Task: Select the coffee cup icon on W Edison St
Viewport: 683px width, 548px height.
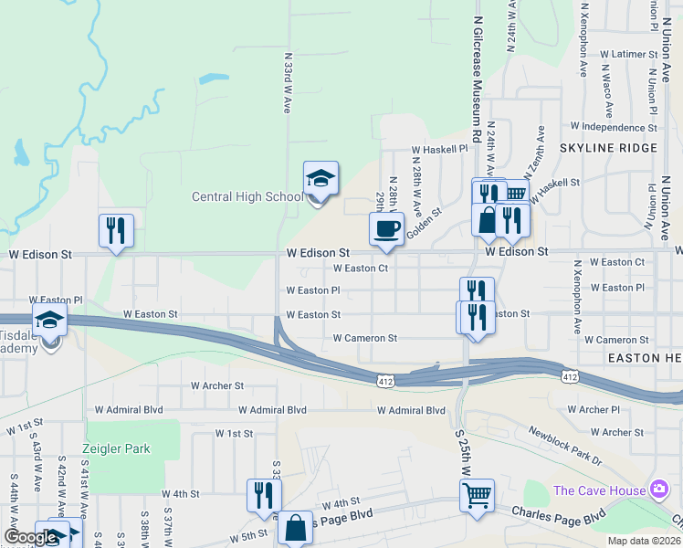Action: pos(386,228)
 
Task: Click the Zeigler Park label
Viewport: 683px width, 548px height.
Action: pos(115,448)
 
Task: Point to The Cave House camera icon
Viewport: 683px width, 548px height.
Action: pos(657,490)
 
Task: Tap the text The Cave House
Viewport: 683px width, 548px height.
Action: pos(597,491)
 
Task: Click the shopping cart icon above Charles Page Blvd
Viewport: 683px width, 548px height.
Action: pos(477,496)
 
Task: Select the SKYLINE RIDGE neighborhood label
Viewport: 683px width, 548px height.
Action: pos(608,148)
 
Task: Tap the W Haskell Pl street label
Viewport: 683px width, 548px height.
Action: pos(439,148)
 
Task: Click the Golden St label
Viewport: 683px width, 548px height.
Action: pos(424,223)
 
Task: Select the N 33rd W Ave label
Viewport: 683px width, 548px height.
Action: pos(287,87)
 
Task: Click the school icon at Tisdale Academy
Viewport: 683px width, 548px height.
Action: pos(49,321)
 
